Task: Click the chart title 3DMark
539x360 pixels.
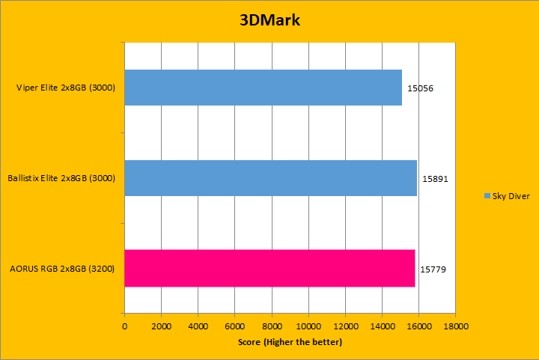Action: [269, 20]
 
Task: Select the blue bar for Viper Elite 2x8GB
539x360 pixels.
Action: [263, 88]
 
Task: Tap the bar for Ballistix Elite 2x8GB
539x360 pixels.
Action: [270, 178]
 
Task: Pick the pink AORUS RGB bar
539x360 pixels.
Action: [269, 268]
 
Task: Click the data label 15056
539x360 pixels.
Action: [421, 88]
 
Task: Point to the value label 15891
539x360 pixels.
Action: [434, 179]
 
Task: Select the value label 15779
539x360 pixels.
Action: [433, 268]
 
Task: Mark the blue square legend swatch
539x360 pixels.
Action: [487, 196]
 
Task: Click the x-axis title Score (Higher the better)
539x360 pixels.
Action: [290, 342]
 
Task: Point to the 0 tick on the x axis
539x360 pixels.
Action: [124, 326]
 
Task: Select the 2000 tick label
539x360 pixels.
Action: [161, 326]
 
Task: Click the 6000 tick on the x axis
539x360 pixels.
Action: [234, 326]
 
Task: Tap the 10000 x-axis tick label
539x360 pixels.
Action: [308, 326]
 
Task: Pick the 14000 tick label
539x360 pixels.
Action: [382, 326]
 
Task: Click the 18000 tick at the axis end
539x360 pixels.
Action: [455, 326]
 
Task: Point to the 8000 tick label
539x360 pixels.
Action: [271, 326]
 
